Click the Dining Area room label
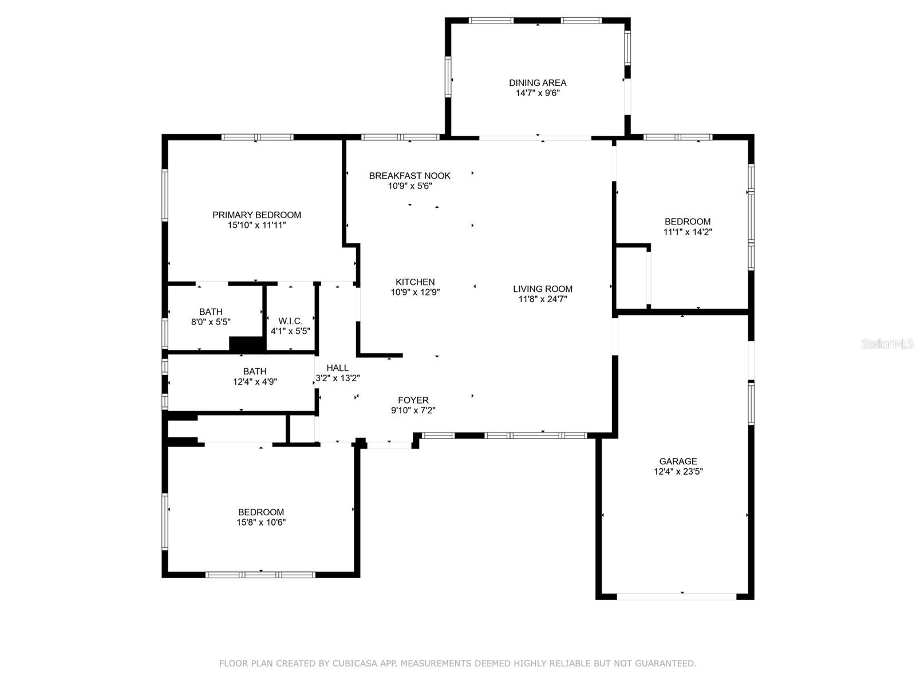click(537, 82)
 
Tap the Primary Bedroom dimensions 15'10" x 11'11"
click(256, 225)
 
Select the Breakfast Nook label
click(409, 176)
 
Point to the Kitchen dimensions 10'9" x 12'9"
click(415, 292)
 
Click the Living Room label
click(542, 289)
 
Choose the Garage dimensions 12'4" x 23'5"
click(678, 471)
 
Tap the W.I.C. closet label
click(290, 321)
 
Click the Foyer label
click(413, 400)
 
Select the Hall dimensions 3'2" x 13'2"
click(337, 378)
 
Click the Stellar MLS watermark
click(887, 343)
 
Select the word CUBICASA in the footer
click(355, 663)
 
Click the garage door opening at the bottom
click(676, 597)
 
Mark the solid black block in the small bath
click(247, 343)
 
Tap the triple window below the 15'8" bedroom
click(260, 575)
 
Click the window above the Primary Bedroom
click(257, 137)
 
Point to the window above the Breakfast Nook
click(400, 137)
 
